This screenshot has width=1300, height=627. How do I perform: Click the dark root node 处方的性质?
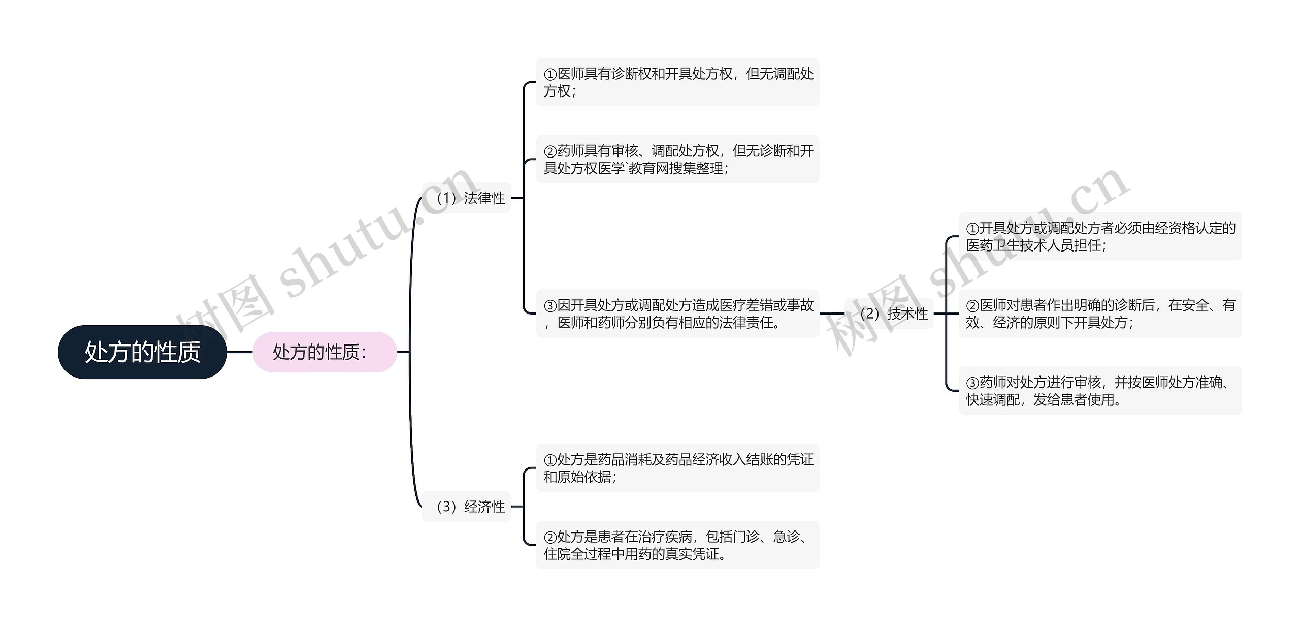[142, 352]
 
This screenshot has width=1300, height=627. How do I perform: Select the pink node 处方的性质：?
[324, 352]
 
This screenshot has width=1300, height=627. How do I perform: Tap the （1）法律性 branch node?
[467, 198]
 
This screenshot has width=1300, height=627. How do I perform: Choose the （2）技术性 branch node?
[889, 313]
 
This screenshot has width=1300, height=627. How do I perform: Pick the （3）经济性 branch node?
[467, 507]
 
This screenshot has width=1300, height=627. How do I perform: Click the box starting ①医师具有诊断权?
[678, 82]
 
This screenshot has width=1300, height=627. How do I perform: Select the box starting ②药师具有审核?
[678, 160]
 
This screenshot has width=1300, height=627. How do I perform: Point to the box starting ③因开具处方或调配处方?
[678, 313]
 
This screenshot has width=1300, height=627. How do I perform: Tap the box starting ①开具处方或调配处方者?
[1100, 237]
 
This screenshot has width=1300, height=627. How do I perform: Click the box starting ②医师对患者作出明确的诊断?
[1100, 313]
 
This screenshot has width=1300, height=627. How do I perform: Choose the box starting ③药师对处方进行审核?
[1100, 391]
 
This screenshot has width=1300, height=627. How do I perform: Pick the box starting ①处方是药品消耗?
[678, 468]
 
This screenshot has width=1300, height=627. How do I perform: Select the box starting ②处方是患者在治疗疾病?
[678, 545]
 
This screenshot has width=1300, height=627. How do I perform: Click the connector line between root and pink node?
[240, 352]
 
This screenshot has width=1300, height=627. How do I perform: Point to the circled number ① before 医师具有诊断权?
[550, 75]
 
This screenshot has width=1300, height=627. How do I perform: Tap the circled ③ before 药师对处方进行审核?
[972, 383]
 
